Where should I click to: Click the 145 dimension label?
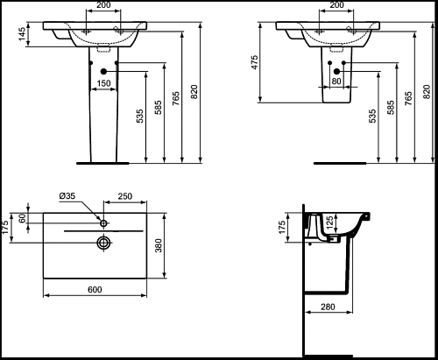click(22, 34)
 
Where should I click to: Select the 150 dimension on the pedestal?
click(103, 83)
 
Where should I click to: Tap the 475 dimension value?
click(254, 62)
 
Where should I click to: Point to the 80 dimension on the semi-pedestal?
click(336, 81)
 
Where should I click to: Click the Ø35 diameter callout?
click(67, 195)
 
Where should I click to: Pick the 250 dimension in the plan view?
click(125, 196)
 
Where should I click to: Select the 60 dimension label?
click(23, 218)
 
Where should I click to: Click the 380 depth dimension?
click(158, 245)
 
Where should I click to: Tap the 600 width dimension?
click(95, 289)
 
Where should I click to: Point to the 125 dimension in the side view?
click(328, 222)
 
